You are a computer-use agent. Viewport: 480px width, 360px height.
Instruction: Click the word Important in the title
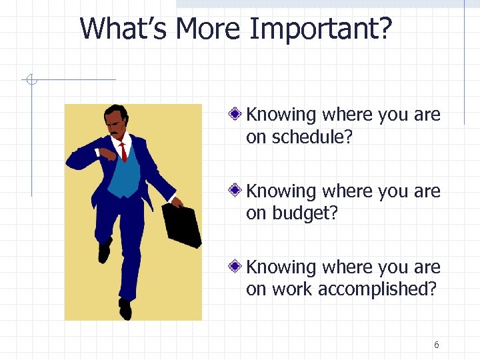[321, 30]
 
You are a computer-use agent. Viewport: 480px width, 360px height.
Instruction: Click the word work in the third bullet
[293, 289]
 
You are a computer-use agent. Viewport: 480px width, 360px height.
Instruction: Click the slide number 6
[436, 345]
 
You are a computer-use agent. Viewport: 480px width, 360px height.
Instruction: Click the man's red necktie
[123, 152]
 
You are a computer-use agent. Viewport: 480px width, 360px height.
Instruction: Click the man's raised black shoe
[104, 251]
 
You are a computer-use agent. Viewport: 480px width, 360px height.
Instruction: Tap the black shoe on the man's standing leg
[125, 308]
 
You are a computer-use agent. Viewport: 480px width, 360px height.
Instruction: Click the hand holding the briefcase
[176, 203]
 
